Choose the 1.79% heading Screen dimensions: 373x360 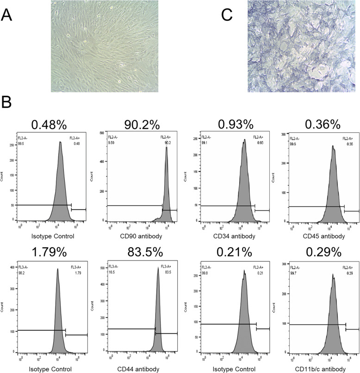(x=51, y=255)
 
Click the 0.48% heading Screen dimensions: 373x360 (x=51, y=124)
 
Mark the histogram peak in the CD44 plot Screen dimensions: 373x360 (x=158, y=270)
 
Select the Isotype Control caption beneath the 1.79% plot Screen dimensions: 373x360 (x=51, y=369)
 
